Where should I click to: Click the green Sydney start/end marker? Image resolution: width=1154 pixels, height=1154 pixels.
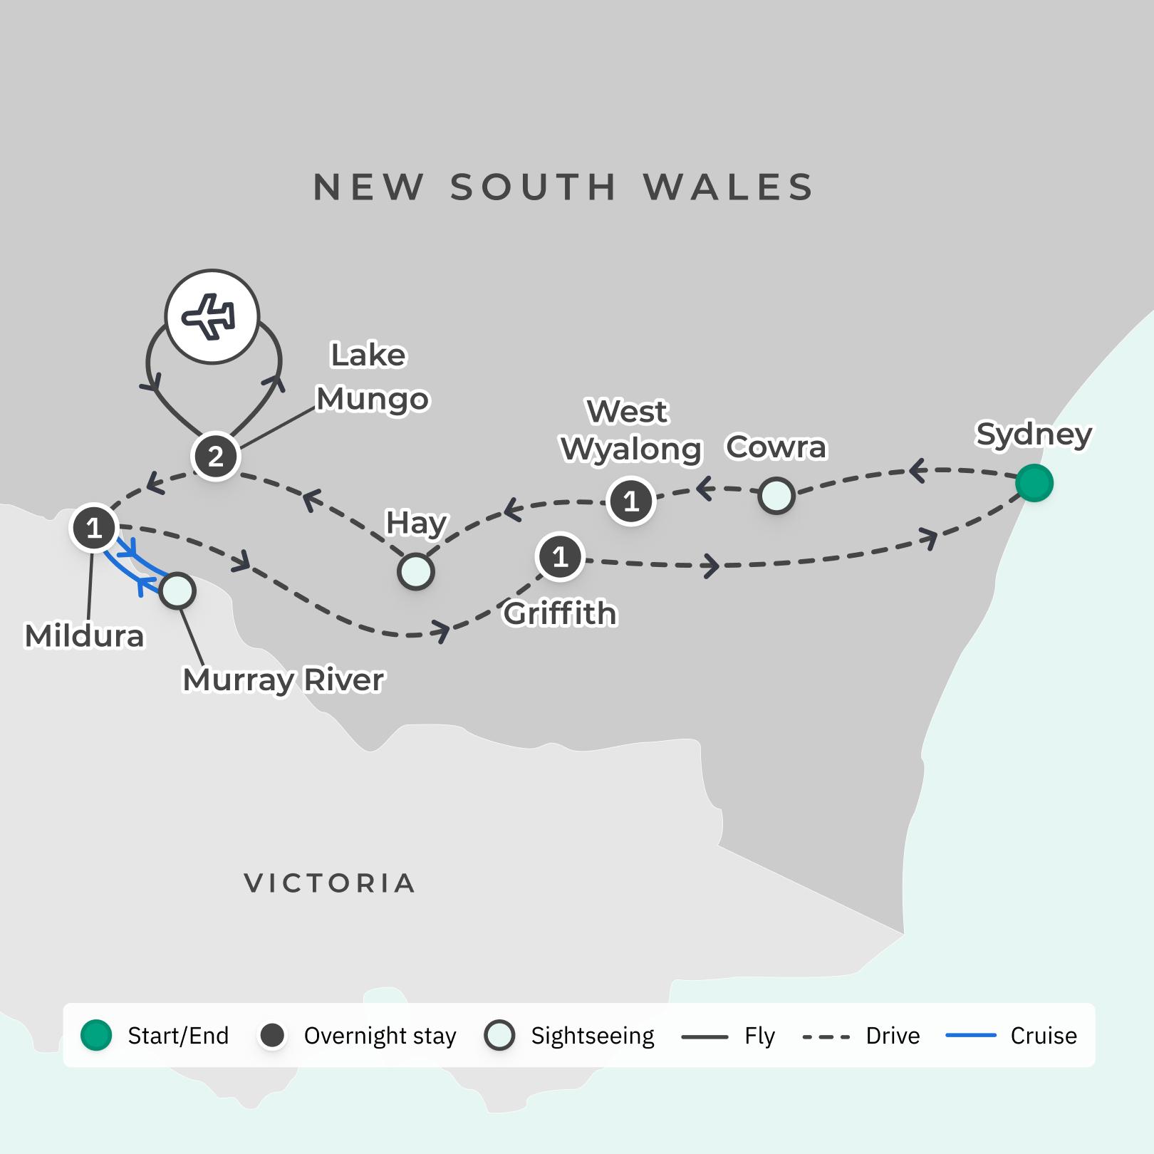point(1034,483)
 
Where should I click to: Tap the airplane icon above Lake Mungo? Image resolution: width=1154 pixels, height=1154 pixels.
point(212,317)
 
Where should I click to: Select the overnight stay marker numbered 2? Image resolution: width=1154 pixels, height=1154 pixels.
point(215,456)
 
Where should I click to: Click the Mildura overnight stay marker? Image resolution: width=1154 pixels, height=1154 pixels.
point(94,528)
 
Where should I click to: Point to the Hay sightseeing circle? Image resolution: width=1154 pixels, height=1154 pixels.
point(416,571)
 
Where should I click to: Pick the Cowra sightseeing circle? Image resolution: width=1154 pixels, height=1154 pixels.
point(776,495)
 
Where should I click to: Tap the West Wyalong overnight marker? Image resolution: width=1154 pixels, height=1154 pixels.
point(631,501)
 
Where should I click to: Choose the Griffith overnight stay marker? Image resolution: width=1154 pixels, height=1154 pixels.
point(560,556)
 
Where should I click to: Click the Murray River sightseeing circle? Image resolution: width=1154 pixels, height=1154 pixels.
point(177,591)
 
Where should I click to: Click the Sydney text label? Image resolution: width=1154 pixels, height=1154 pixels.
point(1034,434)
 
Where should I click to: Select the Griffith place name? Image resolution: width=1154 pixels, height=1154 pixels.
point(560,613)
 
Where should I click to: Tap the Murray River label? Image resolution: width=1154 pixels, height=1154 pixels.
point(284,680)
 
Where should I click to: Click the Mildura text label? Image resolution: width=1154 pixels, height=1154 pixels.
point(84,635)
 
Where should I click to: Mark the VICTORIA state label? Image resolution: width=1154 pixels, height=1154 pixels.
point(330,883)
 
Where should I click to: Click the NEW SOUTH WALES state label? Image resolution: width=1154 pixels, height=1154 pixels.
point(563,187)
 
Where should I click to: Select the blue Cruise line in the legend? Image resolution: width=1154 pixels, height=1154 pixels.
point(970,1035)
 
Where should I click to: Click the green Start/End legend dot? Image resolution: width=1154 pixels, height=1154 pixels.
point(96,1035)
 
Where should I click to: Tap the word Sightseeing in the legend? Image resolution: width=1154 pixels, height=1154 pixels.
point(592,1036)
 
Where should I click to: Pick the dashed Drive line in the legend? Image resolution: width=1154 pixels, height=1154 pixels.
point(826,1036)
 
